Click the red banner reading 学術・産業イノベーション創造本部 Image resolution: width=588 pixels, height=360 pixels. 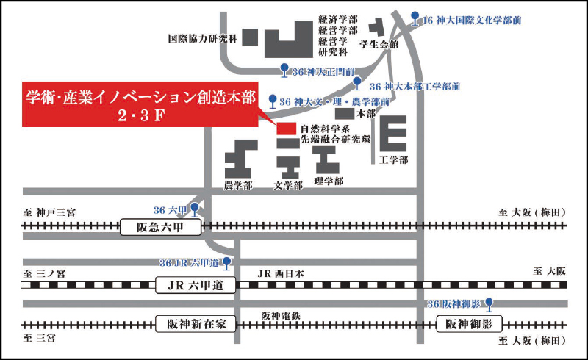coord(140,105)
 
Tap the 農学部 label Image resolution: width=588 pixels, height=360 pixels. coord(238,186)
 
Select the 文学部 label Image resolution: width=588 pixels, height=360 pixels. coord(288,186)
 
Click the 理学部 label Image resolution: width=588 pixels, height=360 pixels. coord(328,181)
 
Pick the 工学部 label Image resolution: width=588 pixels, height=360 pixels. coord(394,159)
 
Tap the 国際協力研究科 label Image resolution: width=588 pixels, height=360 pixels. coord(203,38)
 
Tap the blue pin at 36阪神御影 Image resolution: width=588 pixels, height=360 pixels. coord(489,302)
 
